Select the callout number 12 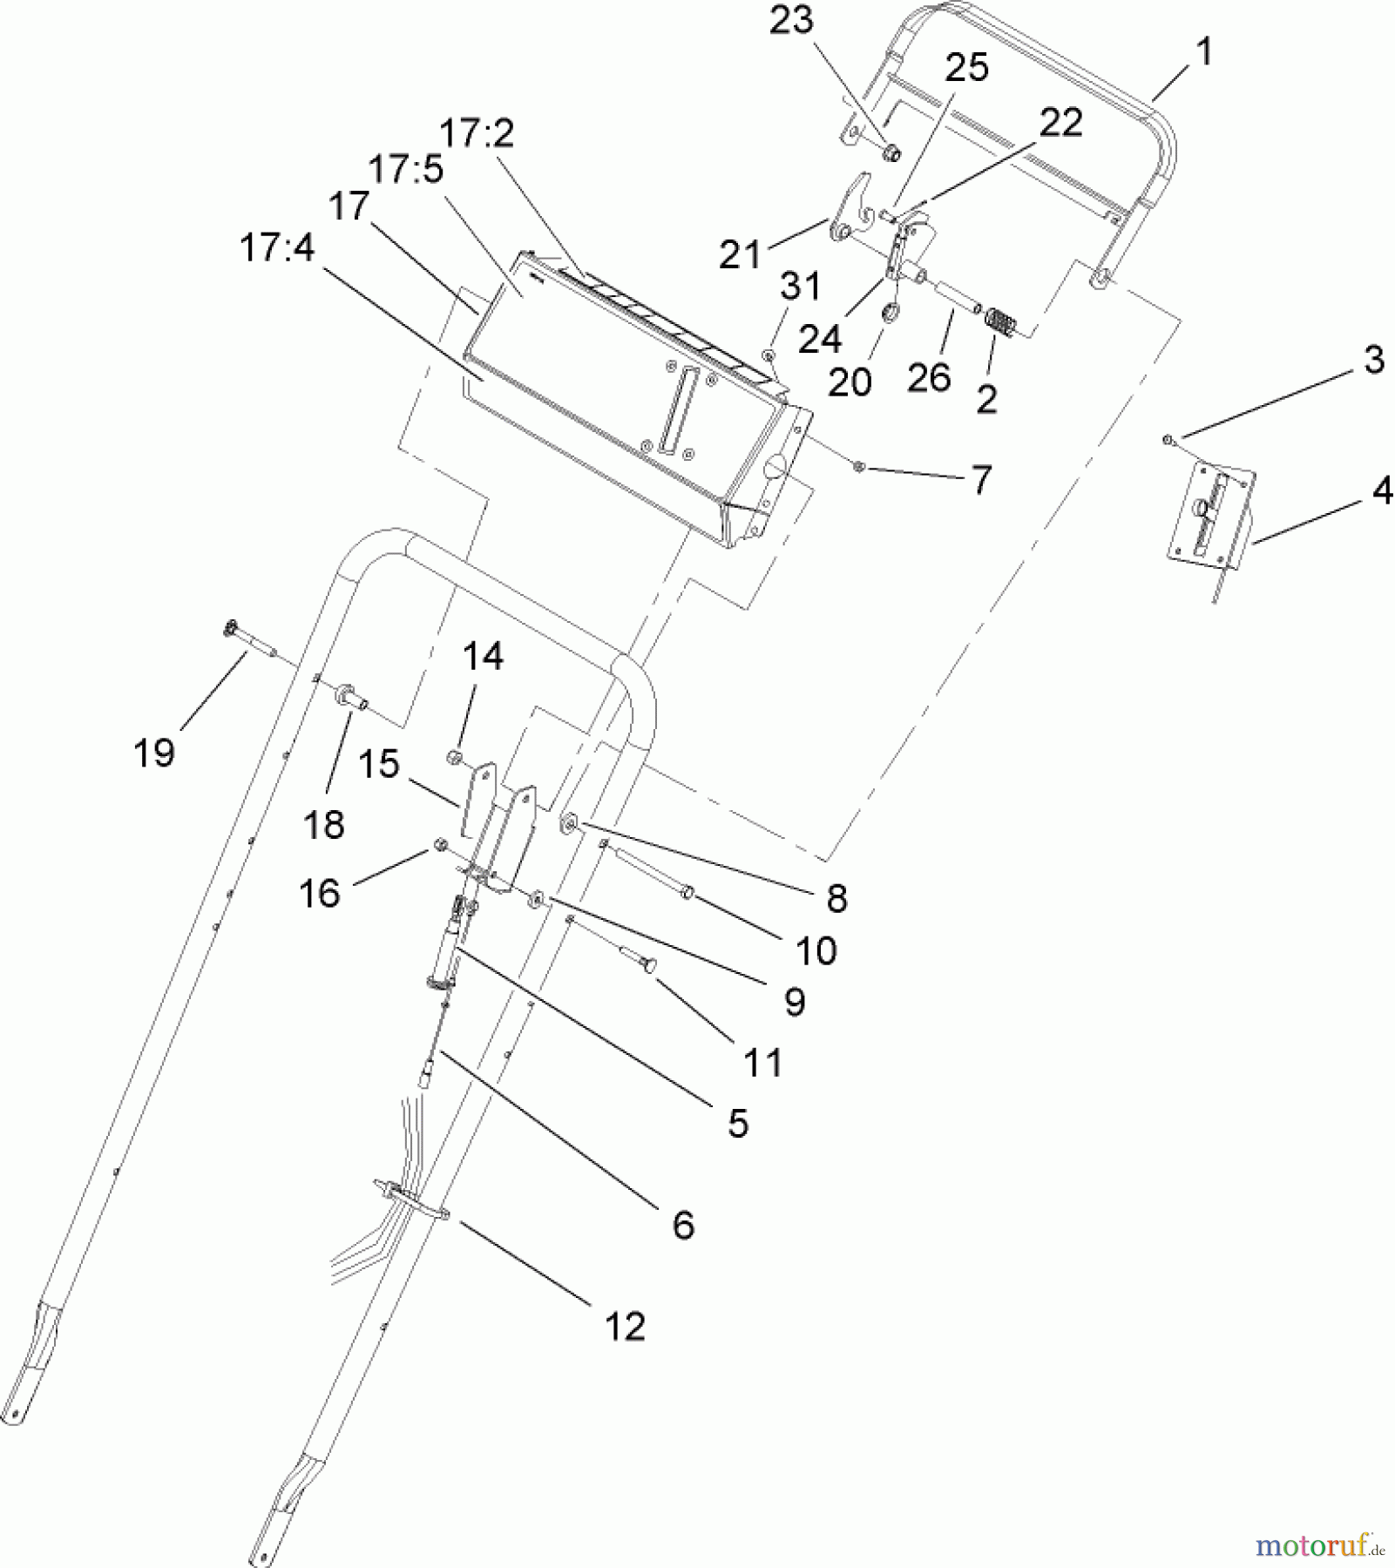(625, 1327)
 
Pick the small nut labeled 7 (858, 467)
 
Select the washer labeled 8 (572, 821)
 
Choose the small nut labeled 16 (440, 844)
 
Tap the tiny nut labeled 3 (1168, 441)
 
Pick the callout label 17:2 (477, 133)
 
